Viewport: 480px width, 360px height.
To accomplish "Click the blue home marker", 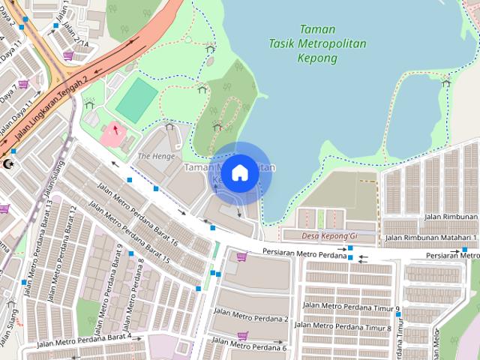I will (x=239, y=172).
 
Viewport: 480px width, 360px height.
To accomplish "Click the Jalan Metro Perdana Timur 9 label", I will (x=350, y=307).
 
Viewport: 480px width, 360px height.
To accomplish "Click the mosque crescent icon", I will (x=9, y=163).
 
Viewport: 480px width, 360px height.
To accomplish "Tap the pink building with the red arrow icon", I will (x=114, y=133).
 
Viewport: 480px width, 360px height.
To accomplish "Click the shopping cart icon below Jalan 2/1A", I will (x=68, y=55).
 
